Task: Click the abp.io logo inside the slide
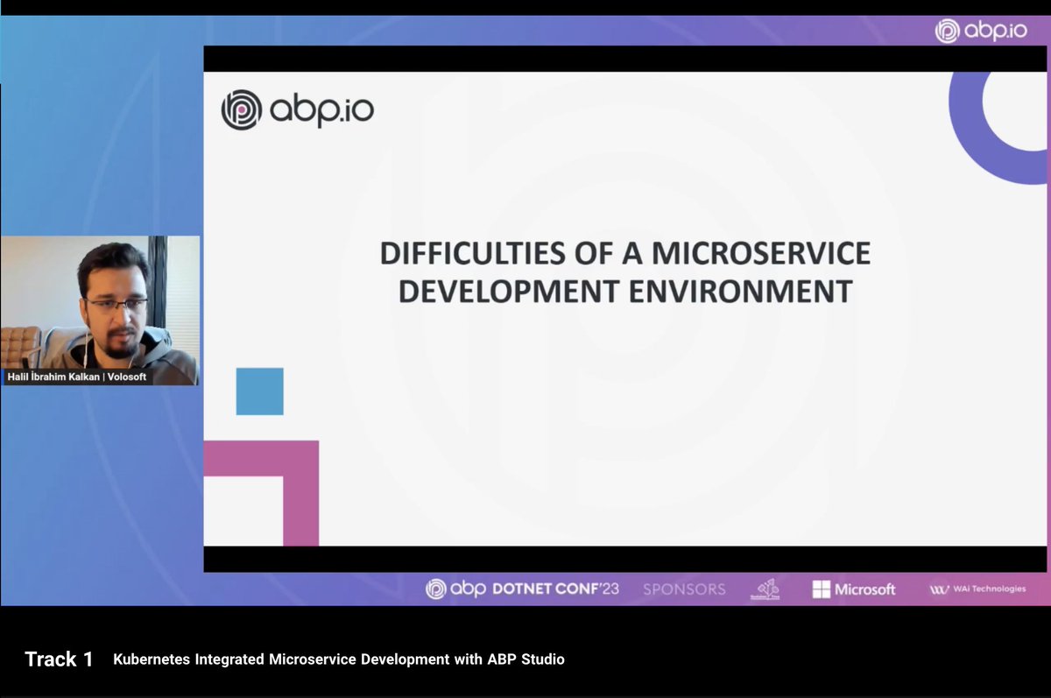298,111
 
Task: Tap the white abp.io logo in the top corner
980,31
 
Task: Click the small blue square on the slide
259,391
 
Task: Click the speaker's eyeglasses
116,305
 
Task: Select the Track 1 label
59,659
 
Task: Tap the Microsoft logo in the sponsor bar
853,589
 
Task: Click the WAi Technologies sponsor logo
977,589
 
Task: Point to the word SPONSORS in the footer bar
684,589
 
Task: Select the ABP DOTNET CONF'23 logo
522,589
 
